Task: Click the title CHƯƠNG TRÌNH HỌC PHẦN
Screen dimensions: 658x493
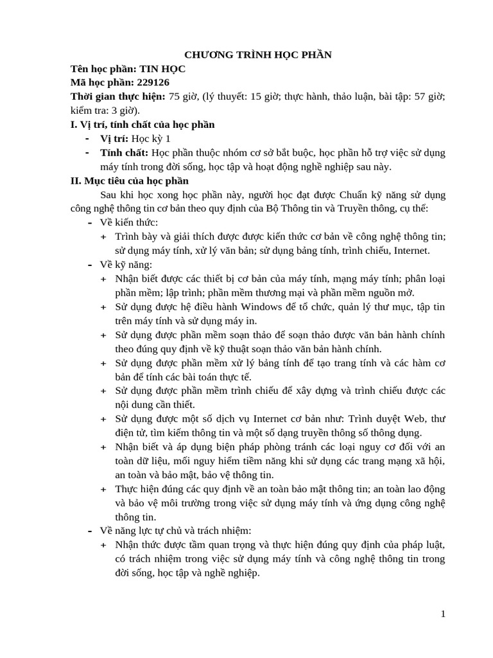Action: (x=258, y=55)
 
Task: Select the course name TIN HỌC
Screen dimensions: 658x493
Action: (x=158, y=69)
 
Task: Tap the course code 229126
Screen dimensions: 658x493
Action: (x=150, y=83)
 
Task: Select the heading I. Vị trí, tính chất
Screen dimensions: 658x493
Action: (x=143, y=125)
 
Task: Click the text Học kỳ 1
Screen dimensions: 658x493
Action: (x=151, y=139)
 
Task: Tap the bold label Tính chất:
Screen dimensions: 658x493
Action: (x=124, y=153)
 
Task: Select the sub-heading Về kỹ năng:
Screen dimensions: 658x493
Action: (x=126, y=265)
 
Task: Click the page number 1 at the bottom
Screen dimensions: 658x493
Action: (x=443, y=614)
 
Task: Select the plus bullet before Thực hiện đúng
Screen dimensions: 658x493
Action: (x=104, y=490)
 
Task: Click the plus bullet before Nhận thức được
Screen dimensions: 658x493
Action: (x=104, y=546)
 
